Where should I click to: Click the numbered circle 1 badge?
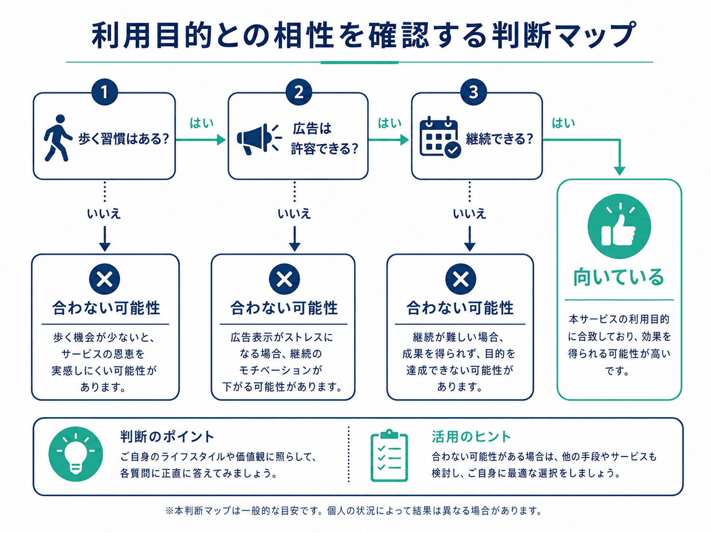(x=104, y=92)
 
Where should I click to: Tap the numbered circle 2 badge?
(x=299, y=92)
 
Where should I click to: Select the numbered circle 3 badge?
(x=473, y=92)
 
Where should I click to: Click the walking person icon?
(x=57, y=138)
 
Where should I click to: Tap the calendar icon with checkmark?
(x=440, y=137)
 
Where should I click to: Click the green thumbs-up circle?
(x=619, y=226)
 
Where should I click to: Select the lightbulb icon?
(x=76, y=453)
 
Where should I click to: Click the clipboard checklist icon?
(x=389, y=455)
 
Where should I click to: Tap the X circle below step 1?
(x=104, y=279)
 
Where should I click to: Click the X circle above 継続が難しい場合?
(x=461, y=279)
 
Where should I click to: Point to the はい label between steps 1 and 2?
(x=201, y=123)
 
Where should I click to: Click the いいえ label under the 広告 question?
(x=294, y=213)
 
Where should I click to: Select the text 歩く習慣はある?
(x=124, y=139)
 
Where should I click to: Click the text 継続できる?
(x=499, y=139)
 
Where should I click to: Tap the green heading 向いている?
(x=619, y=277)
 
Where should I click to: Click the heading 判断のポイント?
(x=167, y=437)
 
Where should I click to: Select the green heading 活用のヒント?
(x=471, y=437)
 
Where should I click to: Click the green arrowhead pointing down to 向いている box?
(x=619, y=170)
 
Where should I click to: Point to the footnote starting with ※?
(x=354, y=511)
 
